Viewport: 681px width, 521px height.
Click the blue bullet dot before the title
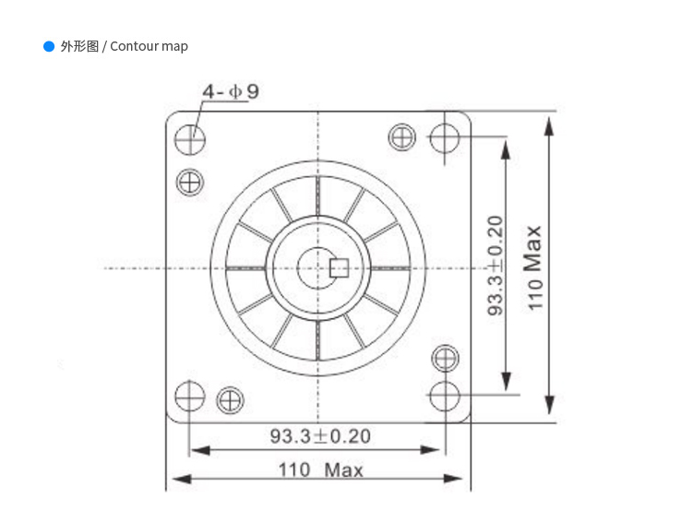49,46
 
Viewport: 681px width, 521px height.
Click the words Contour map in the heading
149,46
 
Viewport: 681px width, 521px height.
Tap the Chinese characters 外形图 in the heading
79,46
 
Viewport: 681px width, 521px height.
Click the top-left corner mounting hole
190,139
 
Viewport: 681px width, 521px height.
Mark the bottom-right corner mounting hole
444,396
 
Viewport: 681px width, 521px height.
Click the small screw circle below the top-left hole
189,182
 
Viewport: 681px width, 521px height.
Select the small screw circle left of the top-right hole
402,137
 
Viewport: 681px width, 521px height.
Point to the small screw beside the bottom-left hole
229,400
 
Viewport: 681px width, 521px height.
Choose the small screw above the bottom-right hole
445,358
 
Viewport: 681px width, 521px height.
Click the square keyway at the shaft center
339,267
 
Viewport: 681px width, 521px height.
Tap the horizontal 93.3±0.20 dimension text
319,435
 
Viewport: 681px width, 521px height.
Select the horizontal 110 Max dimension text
320,469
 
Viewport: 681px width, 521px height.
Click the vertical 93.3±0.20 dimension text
496,266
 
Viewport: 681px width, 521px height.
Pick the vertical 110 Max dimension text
535,267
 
